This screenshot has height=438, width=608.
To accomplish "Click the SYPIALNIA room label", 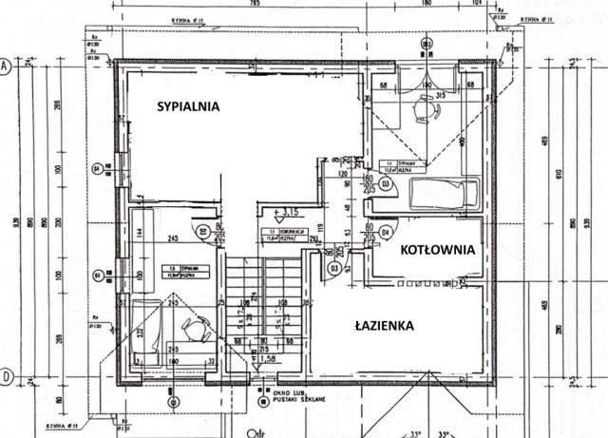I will pos(188,107).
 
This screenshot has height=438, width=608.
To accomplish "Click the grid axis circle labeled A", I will pos(5,67).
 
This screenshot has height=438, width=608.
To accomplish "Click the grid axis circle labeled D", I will pos(5,376).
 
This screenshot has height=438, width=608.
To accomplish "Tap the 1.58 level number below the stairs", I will pos(272,360).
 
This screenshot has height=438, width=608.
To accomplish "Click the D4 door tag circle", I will pos(385,231).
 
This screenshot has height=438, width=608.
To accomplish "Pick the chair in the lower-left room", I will pos(196,328).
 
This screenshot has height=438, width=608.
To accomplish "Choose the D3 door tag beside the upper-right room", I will pos(386,184).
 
